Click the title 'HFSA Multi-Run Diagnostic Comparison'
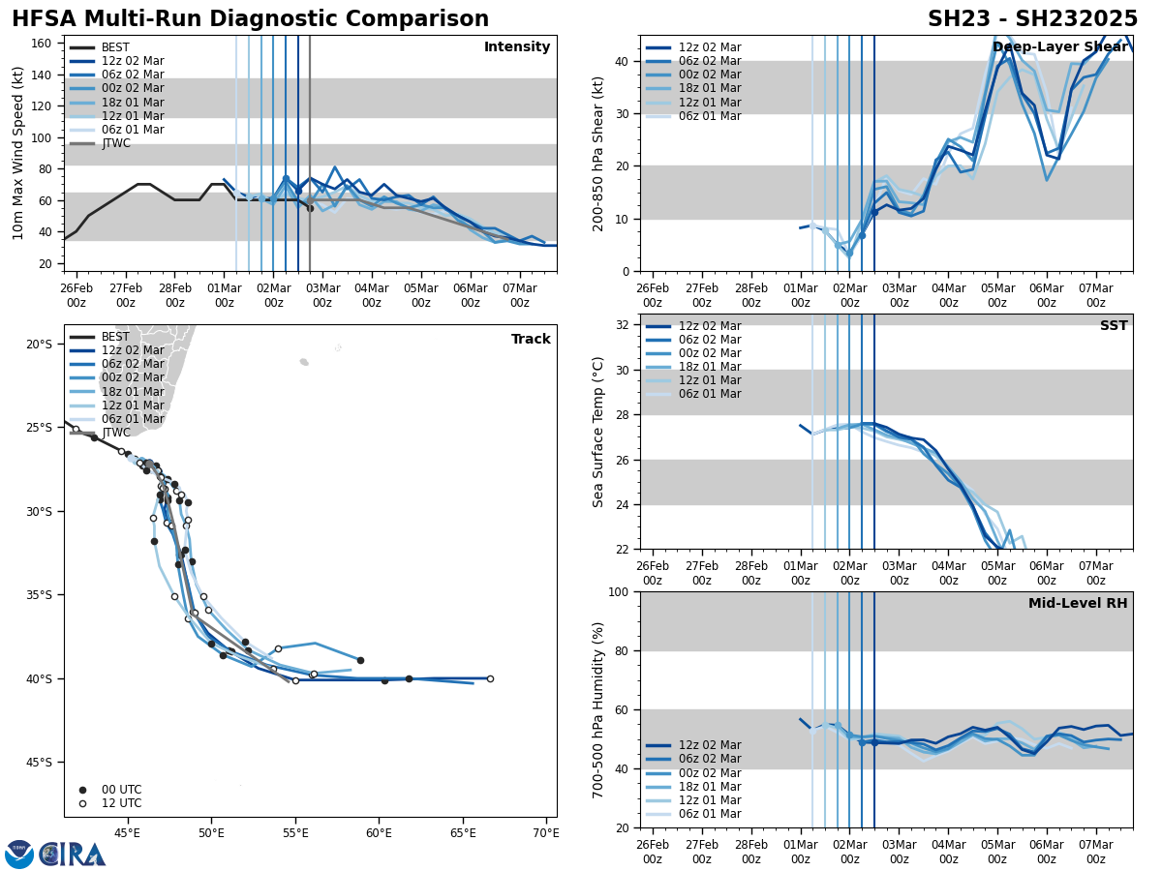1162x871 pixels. click(x=250, y=19)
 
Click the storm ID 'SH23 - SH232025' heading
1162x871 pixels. click(x=1032, y=19)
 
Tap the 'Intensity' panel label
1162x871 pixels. click(x=517, y=47)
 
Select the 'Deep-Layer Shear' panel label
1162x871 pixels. click(x=1059, y=47)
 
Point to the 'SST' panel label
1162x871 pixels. click(x=1114, y=326)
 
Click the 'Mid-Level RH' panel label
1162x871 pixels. click(x=1078, y=604)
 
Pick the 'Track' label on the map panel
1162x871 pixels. click(x=531, y=340)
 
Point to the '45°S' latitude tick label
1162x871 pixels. click(x=39, y=763)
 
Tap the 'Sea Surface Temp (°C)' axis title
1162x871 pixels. click(x=598, y=432)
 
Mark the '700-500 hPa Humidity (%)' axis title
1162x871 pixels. click(x=598, y=709)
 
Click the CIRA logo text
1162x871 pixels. click(x=73, y=855)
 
